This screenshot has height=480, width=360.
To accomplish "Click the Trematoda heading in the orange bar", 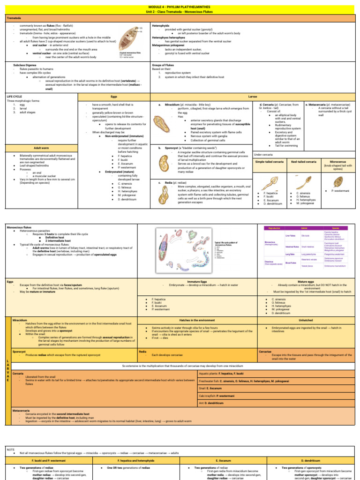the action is pos(13,18).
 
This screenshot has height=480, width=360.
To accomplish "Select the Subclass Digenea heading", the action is pos(26,65).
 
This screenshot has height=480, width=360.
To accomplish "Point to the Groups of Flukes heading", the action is pos(165,65).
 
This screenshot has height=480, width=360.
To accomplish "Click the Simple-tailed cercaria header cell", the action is pos(269,161).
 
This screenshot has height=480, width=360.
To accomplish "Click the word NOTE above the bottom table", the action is pos(11,449).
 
